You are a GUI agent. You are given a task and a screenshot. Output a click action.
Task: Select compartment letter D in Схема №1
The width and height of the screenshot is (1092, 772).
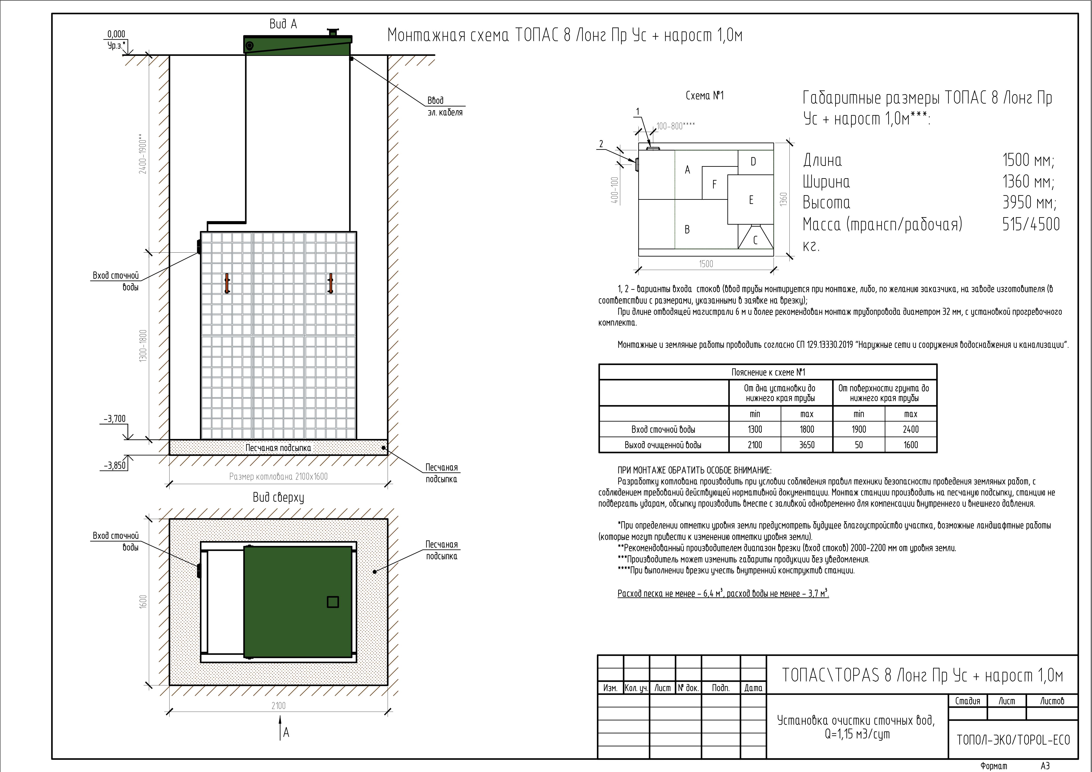click(x=753, y=162)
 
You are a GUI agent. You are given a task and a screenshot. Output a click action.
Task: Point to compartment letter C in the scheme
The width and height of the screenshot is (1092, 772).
click(x=755, y=241)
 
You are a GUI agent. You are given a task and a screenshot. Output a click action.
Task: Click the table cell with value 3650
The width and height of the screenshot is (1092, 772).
click(x=807, y=445)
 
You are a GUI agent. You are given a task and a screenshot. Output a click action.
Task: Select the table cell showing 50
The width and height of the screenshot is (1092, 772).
click(x=859, y=445)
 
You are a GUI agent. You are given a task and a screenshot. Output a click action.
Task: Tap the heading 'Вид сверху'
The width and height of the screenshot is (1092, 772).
click(x=278, y=497)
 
